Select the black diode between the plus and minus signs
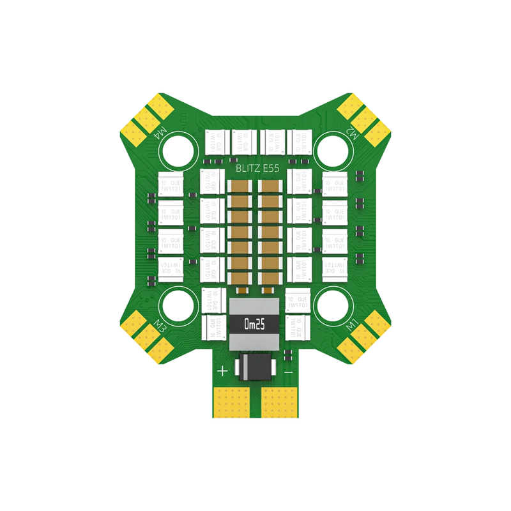[256, 367]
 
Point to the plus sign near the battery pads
[223, 370]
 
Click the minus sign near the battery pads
[289, 370]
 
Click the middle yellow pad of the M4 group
[146, 117]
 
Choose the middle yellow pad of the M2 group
[365, 117]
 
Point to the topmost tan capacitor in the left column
[242, 187]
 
